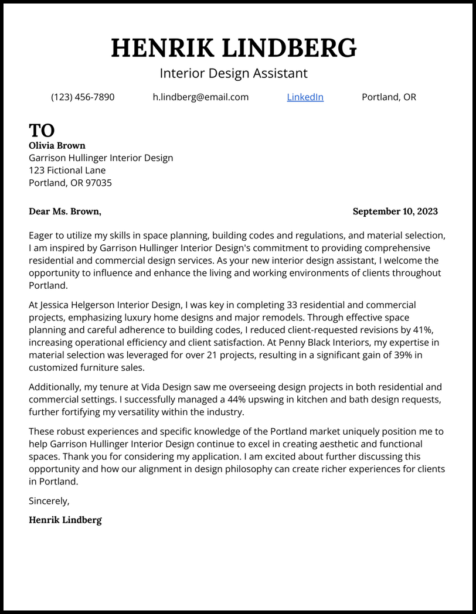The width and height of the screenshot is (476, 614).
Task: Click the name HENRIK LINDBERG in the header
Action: (233, 48)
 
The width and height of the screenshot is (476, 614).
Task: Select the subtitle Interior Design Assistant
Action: (233, 73)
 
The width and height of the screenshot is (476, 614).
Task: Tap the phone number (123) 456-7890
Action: (83, 97)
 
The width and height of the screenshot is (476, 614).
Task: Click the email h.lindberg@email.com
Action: (200, 97)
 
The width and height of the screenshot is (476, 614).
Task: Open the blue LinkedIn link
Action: (305, 97)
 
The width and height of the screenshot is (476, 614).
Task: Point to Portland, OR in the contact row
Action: (389, 97)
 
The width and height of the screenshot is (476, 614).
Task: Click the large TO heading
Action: (42, 130)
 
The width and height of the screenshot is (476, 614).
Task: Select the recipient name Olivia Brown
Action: (57, 145)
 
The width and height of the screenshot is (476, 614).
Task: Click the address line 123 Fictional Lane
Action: (67, 170)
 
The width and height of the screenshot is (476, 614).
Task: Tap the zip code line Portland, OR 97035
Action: (70, 183)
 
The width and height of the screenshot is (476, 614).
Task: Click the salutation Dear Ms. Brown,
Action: (65, 212)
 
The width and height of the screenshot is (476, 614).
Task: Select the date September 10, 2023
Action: (395, 212)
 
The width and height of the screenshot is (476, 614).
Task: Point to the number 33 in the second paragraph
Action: (293, 305)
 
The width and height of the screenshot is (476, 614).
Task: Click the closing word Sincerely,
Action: (49, 501)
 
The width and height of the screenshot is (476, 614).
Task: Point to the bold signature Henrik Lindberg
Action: (65, 520)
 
